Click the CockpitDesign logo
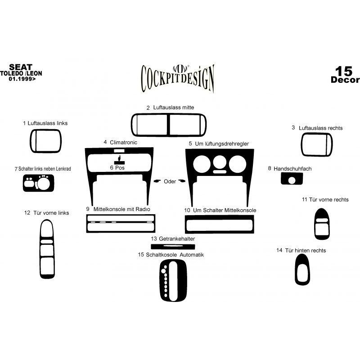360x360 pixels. pyautogui.click(x=177, y=78)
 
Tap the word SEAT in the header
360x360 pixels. pyautogui.click(x=21, y=67)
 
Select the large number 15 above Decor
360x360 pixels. pyautogui.click(x=343, y=71)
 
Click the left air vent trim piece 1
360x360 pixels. pyautogui.click(x=31, y=141)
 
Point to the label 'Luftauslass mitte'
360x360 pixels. pyautogui.click(x=174, y=108)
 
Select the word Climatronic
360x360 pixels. pyautogui.click(x=123, y=142)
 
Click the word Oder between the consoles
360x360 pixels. pyautogui.click(x=170, y=181)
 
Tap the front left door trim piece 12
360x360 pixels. pyautogui.click(x=40, y=249)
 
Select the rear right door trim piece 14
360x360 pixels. pyautogui.click(x=296, y=270)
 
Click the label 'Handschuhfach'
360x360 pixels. pyautogui.click(x=292, y=169)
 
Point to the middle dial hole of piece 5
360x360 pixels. pyautogui.click(x=220, y=162)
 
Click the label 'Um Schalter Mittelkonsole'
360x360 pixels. pyautogui.click(x=224, y=210)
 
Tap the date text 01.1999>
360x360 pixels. pyautogui.click(x=22, y=79)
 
